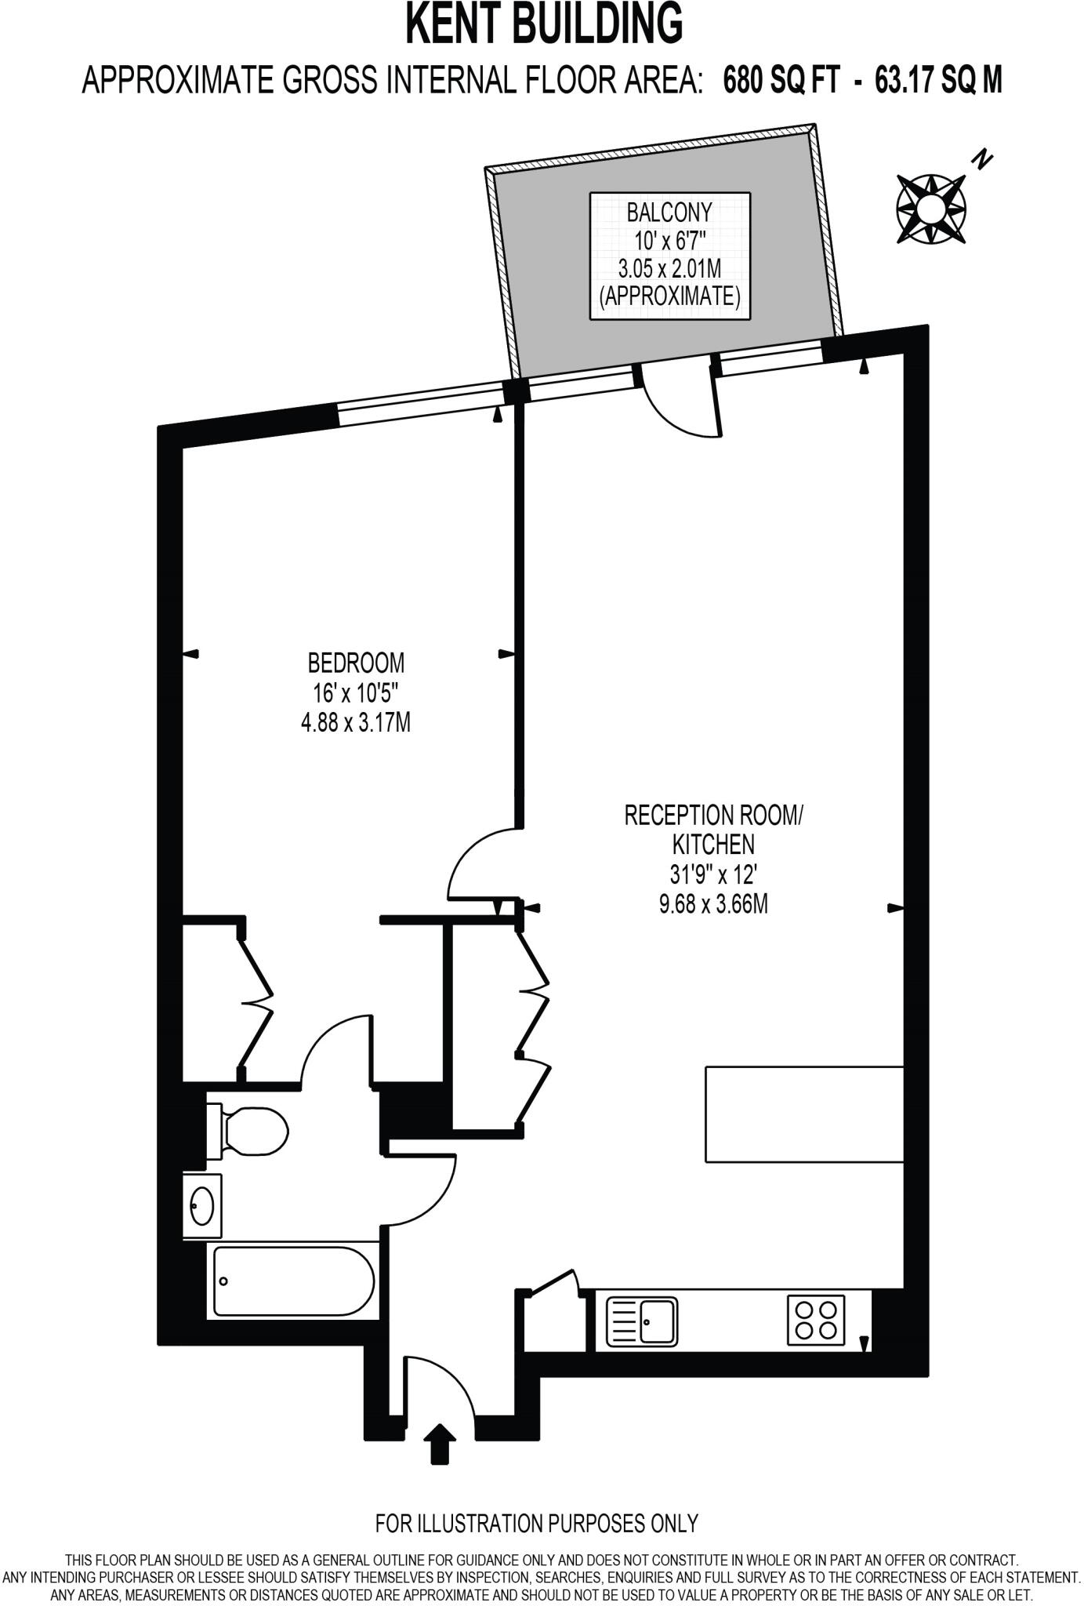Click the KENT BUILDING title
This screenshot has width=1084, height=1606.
[x=543, y=24]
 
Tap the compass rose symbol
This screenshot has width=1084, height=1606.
[x=930, y=209]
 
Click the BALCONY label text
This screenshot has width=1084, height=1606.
[x=669, y=212]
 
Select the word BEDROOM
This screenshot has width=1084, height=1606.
[x=356, y=663]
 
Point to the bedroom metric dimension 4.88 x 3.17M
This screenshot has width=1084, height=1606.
[x=356, y=721]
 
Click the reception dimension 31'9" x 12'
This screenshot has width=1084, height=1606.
[x=712, y=874]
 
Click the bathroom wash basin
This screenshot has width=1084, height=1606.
[x=202, y=1205]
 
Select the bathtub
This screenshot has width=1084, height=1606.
[x=294, y=1281]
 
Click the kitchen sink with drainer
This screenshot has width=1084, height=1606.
[x=643, y=1321]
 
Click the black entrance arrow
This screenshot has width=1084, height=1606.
[x=440, y=1444]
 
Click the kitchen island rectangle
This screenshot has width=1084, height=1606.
[x=805, y=1114]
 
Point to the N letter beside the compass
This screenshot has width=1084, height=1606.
[x=981, y=161]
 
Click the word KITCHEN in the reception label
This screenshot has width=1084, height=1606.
[x=713, y=845]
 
